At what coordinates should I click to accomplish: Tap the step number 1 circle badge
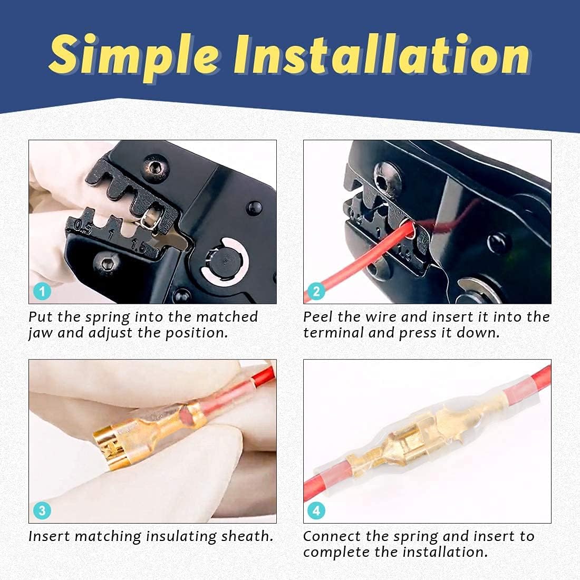tap(42, 291)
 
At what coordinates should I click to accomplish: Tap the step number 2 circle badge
tap(316, 291)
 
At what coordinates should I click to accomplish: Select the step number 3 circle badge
tap(42, 510)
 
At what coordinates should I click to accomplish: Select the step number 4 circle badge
tap(316, 510)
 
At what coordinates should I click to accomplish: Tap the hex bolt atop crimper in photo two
tap(383, 177)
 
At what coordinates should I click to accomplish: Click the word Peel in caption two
tap(318, 317)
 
